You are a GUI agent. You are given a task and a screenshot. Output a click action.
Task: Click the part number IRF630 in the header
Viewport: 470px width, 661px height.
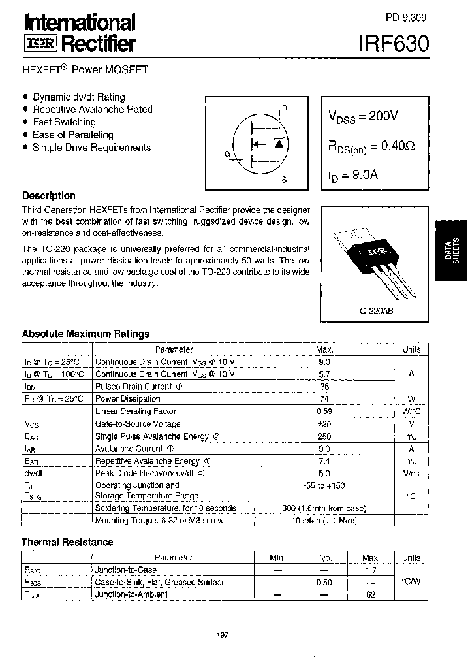394,44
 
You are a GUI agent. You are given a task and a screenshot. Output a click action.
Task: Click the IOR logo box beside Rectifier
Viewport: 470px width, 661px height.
41,44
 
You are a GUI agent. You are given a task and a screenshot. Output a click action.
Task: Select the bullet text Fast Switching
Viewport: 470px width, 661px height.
64,122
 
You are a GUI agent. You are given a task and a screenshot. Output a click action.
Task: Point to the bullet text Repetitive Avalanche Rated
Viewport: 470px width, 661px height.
92,109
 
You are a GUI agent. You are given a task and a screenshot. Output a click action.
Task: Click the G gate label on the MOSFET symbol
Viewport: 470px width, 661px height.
227,154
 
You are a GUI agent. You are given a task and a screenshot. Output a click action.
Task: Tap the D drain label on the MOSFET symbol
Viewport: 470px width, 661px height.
285,108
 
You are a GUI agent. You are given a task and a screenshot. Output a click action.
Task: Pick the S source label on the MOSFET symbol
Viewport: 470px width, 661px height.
285,178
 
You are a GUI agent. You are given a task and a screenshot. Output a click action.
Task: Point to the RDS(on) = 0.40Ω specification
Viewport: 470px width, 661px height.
371,147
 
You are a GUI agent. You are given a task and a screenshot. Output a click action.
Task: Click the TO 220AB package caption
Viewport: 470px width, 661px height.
374,312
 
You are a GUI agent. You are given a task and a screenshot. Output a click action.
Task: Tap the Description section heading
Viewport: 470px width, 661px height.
49,195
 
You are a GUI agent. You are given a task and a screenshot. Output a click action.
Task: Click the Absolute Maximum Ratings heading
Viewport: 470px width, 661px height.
86,334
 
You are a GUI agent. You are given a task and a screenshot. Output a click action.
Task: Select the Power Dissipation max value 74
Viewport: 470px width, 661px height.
324,398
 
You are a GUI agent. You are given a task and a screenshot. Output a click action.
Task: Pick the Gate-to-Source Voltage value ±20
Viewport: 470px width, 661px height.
324,423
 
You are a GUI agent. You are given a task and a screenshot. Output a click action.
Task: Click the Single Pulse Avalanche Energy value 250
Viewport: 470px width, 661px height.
324,436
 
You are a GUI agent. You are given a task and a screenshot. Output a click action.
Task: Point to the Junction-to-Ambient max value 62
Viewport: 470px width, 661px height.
371,594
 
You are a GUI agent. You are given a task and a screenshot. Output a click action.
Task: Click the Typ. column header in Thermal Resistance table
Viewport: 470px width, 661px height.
324,558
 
